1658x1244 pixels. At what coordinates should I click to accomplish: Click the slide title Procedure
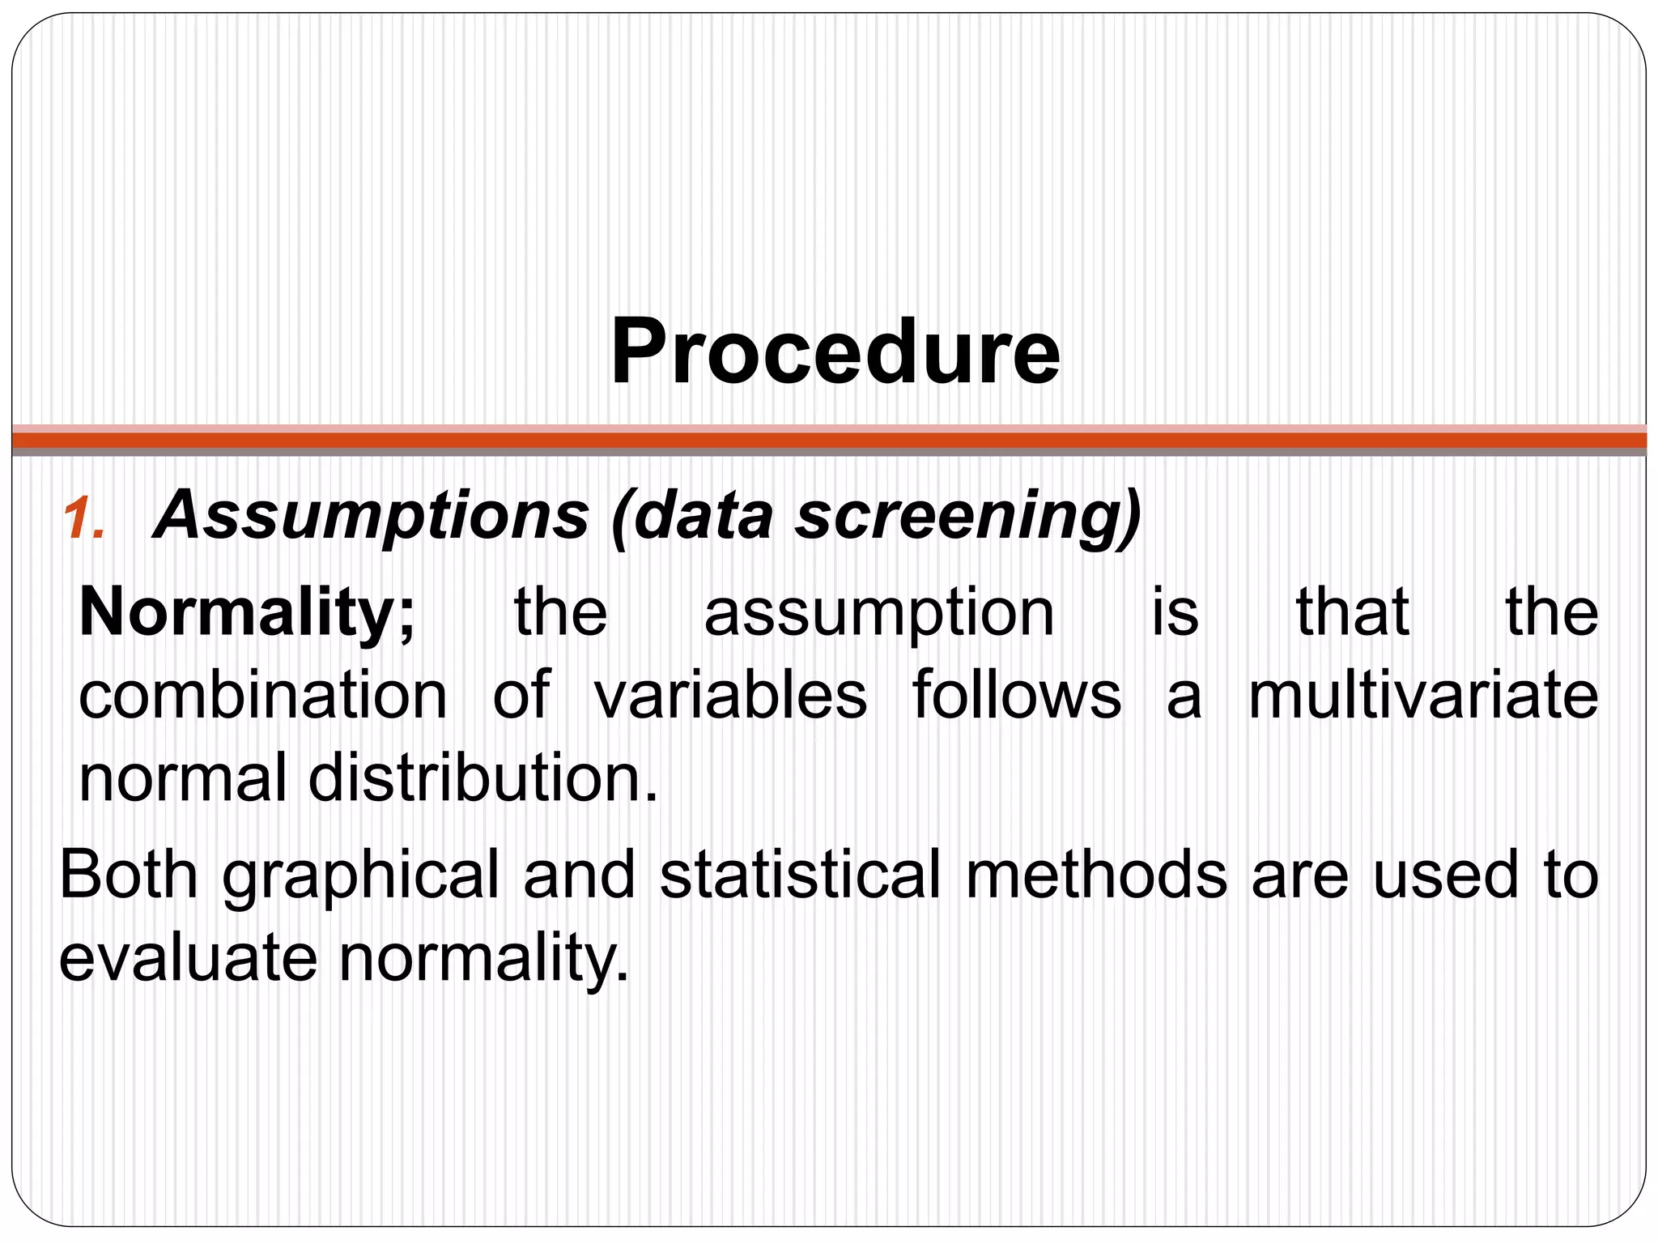pos(835,353)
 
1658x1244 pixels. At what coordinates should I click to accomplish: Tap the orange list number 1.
pos(85,519)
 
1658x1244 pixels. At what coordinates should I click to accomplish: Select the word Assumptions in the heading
pos(372,516)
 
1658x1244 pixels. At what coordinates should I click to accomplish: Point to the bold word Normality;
pos(247,613)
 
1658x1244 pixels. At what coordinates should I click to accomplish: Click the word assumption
pos(879,613)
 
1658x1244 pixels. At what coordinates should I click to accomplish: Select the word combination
pos(263,695)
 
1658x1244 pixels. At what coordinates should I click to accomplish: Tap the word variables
pos(730,695)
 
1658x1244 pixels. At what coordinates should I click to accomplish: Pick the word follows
pos(1017,695)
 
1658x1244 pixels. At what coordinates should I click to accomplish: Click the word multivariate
pos(1423,695)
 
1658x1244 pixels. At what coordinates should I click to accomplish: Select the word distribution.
pos(483,778)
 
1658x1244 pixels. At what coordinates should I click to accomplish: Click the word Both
pos(129,875)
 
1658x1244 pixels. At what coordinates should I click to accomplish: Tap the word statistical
pos(801,875)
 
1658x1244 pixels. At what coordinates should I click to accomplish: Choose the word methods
pos(1097,875)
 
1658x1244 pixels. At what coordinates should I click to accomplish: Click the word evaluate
pos(188,959)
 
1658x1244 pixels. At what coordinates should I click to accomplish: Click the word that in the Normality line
pos(1353,613)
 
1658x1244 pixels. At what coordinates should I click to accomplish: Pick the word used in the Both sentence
pos(1446,875)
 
